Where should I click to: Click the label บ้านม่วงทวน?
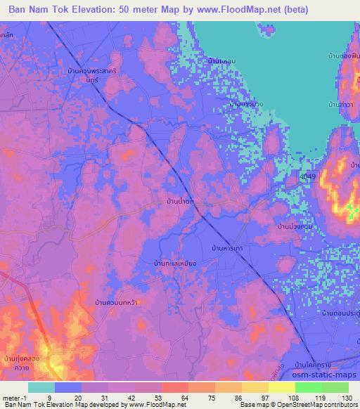tap(295, 227)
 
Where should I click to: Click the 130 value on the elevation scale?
tap(345, 398)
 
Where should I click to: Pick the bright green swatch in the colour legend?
tap(308, 387)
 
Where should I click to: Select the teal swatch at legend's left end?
tap(41, 387)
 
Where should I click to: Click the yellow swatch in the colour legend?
tap(281, 387)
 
